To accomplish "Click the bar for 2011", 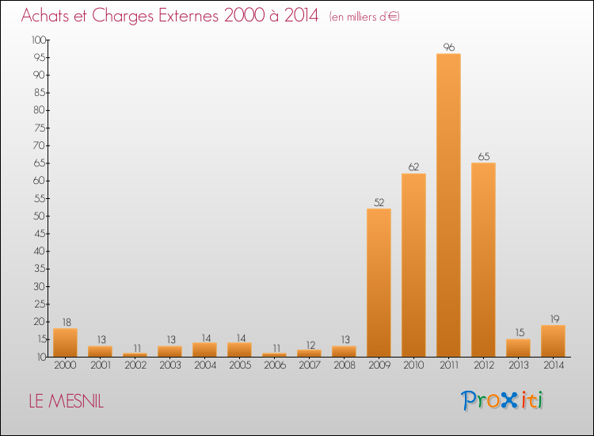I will click(448, 205).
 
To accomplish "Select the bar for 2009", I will click(379, 282).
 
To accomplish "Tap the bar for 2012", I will click(483, 259).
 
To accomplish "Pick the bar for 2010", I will click(413, 265).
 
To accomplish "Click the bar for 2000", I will click(65, 342).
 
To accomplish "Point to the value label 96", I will click(448, 48).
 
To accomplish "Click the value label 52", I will click(379, 202).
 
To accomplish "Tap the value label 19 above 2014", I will click(553, 319).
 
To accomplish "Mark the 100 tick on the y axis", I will click(40, 40).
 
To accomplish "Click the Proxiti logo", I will click(502, 400).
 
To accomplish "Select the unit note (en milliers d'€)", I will click(364, 17).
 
